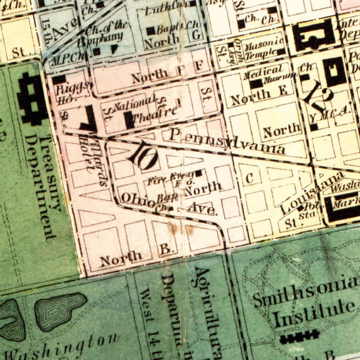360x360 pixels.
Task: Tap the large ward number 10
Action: point(141,156)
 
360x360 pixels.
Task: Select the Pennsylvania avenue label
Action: point(227,140)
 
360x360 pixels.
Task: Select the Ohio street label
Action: point(135,197)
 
